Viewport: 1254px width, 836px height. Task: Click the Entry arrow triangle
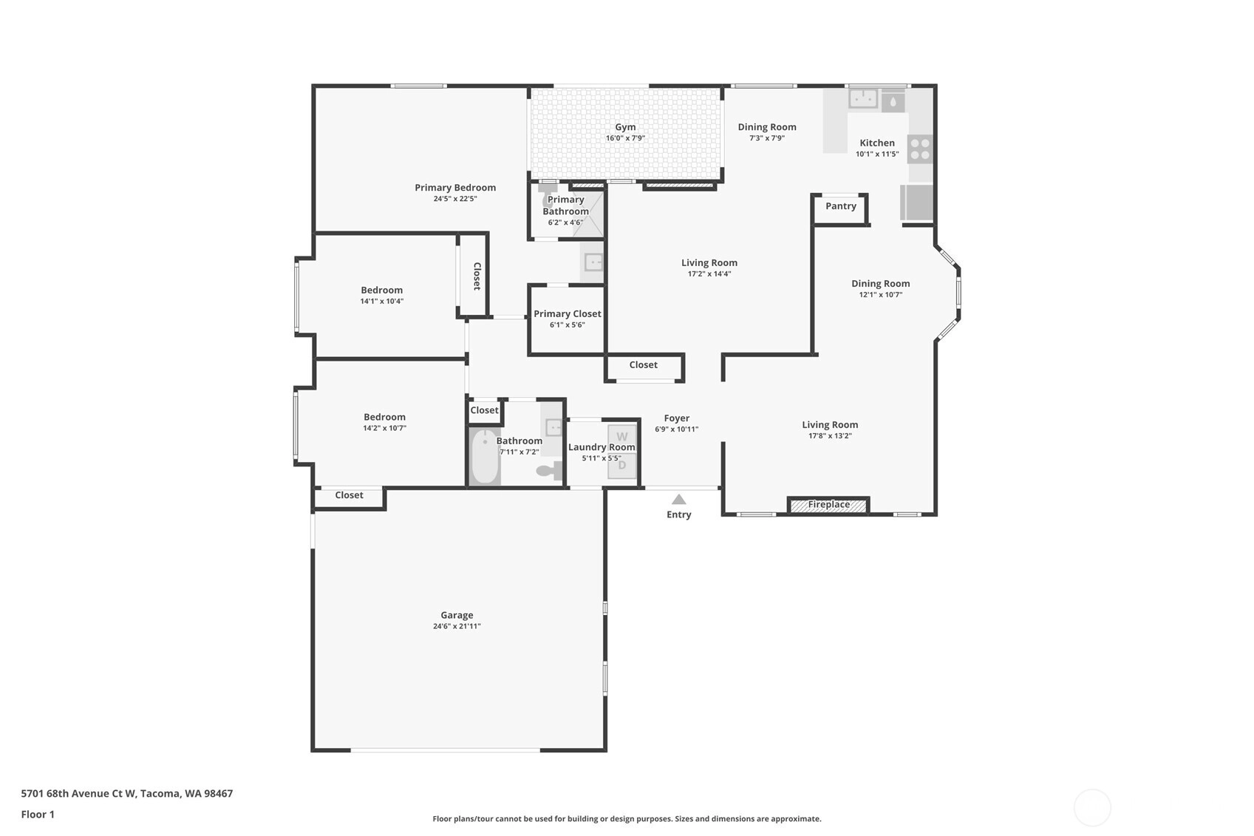coord(678,499)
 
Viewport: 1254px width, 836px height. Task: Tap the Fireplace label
coord(828,505)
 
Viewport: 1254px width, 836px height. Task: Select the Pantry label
coord(840,206)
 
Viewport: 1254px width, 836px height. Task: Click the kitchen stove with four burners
coord(920,149)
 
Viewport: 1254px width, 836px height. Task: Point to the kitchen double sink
coord(862,99)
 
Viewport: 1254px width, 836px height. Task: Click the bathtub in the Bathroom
coord(485,456)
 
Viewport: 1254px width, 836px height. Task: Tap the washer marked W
coord(622,437)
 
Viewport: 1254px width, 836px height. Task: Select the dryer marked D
coord(622,466)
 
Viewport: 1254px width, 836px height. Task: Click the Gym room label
coord(625,127)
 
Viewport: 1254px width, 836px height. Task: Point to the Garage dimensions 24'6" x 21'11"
coord(457,626)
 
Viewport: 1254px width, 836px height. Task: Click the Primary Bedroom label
coord(455,188)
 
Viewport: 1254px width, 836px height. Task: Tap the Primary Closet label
coord(567,313)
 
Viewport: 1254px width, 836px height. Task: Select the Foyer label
coord(676,418)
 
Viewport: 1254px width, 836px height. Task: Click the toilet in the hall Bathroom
coord(549,470)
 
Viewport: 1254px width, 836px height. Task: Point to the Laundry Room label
coord(602,447)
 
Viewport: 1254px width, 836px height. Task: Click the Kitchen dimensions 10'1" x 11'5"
coord(877,154)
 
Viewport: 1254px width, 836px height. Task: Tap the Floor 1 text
coord(38,815)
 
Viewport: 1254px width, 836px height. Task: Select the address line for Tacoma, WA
coord(127,793)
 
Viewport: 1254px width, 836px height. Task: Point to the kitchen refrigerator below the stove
coord(917,202)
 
